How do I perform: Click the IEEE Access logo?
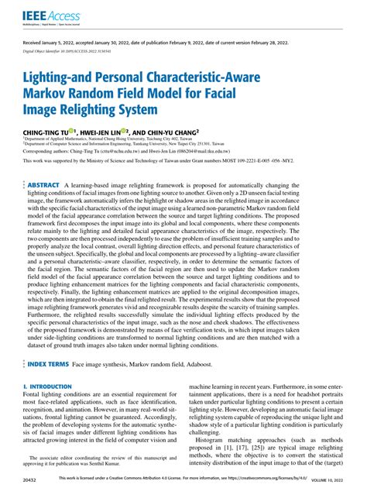(x=47, y=15)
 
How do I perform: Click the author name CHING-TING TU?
(x=46, y=132)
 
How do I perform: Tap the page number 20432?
(x=33, y=480)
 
